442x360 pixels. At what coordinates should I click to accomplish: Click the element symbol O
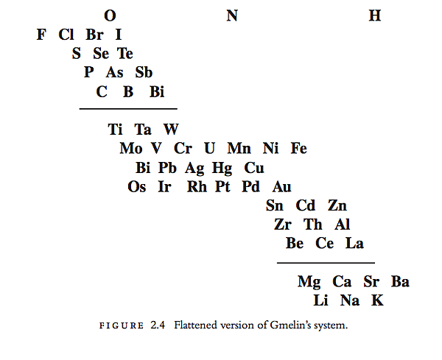[x=110, y=15]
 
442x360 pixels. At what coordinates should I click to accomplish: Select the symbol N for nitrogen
[x=232, y=15]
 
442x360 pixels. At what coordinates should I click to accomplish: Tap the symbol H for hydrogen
[x=375, y=15]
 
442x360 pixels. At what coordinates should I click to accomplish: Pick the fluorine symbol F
[x=41, y=35]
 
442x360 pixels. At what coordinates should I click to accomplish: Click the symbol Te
[x=125, y=53]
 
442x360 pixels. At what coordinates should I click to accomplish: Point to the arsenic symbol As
[x=114, y=72]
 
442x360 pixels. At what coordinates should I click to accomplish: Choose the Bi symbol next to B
[x=157, y=91]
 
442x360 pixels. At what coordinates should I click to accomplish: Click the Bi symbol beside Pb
[x=143, y=168]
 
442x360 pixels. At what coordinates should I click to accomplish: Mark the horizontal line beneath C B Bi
[x=128, y=108]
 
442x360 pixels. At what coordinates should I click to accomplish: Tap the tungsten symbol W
[x=171, y=130]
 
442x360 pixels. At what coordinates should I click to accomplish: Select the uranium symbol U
[x=209, y=148]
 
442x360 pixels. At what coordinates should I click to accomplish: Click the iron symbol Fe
[x=299, y=148]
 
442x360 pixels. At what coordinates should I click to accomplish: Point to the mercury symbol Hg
[x=222, y=169]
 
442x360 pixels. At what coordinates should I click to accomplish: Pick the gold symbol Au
[x=281, y=186]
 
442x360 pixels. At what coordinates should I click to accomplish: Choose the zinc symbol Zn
[x=337, y=205]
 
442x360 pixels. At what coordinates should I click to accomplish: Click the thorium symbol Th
[x=312, y=225]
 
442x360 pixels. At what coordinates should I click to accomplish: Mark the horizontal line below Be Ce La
[x=326, y=263]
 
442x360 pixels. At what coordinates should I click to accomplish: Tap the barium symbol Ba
[x=400, y=281]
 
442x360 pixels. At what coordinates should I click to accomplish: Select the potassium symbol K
[x=377, y=300]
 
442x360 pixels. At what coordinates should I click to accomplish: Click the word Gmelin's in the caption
[x=290, y=325]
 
